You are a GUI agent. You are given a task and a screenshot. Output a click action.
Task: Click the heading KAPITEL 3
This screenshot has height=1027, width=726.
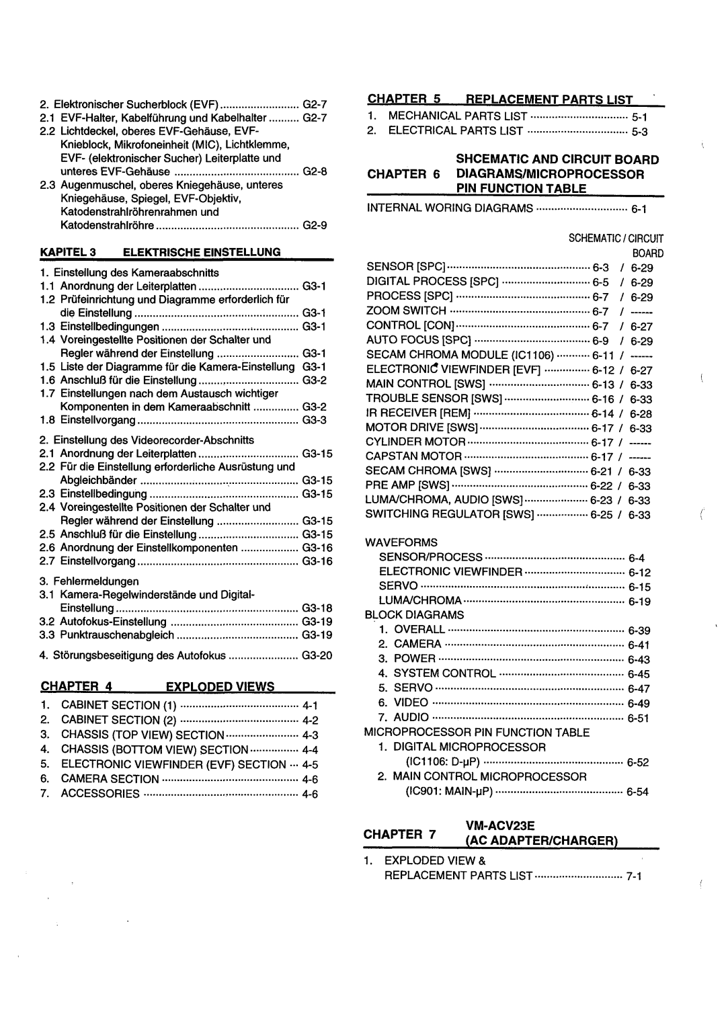[x=69, y=252]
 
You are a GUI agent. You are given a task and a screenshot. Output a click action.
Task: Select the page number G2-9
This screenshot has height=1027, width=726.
[x=315, y=226]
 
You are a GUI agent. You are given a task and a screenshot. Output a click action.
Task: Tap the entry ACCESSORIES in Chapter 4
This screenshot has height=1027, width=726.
[x=100, y=794]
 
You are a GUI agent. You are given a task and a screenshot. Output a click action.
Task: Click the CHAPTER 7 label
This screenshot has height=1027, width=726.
[x=401, y=834]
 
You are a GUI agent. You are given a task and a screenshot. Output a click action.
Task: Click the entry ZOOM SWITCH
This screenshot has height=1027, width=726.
[x=406, y=311]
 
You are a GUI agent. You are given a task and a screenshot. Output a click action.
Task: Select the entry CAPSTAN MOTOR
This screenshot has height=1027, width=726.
[x=413, y=456]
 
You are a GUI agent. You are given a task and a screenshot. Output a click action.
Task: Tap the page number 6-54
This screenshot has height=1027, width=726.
[x=637, y=792]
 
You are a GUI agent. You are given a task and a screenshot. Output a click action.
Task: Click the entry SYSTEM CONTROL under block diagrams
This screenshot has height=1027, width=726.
[x=444, y=673]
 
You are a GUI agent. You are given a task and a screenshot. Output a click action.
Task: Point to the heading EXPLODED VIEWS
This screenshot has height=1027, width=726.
[x=220, y=686]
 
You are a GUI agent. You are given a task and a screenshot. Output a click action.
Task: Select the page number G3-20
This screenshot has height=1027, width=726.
[x=317, y=655]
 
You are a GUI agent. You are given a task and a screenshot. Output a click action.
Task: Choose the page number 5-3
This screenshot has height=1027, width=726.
[x=639, y=132]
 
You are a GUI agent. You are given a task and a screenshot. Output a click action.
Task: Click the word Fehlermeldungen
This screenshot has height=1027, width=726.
[x=96, y=581]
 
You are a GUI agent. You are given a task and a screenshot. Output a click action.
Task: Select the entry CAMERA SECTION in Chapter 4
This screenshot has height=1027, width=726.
[x=110, y=779]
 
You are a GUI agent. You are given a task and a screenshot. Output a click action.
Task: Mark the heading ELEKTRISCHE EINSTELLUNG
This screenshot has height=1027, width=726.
[x=201, y=252]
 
